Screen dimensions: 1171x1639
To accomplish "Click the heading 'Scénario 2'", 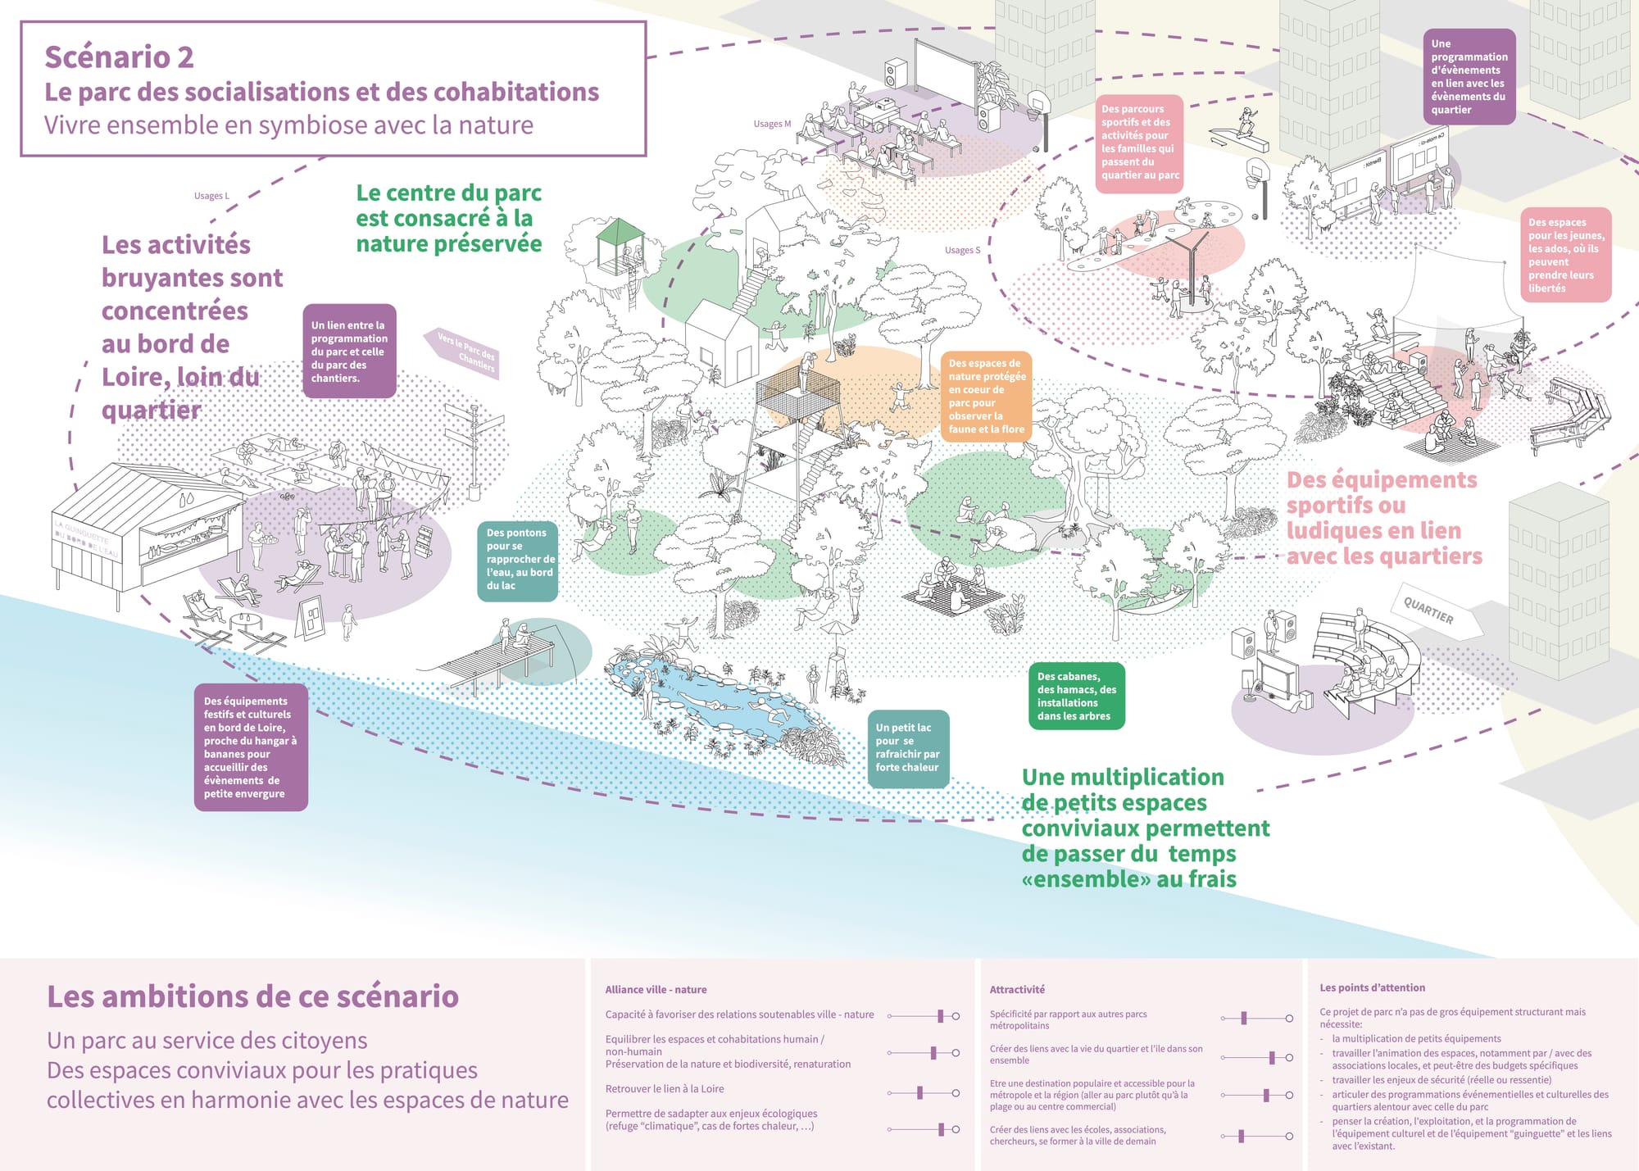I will coord(120,57).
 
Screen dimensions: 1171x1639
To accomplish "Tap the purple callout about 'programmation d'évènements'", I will coord(1469,76).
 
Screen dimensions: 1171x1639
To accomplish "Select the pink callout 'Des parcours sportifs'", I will coord(1139,143).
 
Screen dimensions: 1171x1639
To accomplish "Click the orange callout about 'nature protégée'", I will coord(986,396).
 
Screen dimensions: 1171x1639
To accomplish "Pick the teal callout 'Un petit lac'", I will coord(907,747).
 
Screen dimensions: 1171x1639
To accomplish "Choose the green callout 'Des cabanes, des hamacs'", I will coord(1076,696).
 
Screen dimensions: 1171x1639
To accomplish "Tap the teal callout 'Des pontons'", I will coord(518,560).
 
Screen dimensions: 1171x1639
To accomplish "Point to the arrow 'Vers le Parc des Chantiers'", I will coord(463,352).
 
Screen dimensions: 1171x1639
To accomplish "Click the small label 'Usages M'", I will coord(772,124).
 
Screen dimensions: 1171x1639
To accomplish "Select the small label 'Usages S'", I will coord(962,250).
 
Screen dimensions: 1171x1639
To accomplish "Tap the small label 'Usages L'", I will coord(211,196).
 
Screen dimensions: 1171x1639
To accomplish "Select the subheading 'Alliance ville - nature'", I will coord(656,989).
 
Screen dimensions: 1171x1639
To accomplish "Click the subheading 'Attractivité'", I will coord(1017,989).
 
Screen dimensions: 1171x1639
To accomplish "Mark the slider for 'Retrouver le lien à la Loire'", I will coord(920,1092).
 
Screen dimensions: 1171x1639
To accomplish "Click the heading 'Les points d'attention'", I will coord(1372,987).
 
